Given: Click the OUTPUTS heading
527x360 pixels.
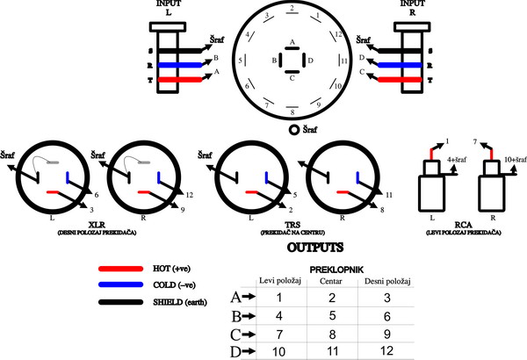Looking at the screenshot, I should (x=263, y=248).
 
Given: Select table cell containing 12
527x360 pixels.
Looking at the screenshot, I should (x=380, y=350).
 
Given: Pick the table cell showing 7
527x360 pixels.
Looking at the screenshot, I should (x=278, y=333).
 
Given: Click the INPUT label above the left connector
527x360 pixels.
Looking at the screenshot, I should (x=166, y=6).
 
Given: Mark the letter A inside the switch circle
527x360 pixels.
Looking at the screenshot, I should (x=292, y=42).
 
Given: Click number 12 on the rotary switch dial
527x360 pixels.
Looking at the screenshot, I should (x=338, y=34).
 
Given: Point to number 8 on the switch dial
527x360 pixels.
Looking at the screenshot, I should (x=292, y=113).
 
